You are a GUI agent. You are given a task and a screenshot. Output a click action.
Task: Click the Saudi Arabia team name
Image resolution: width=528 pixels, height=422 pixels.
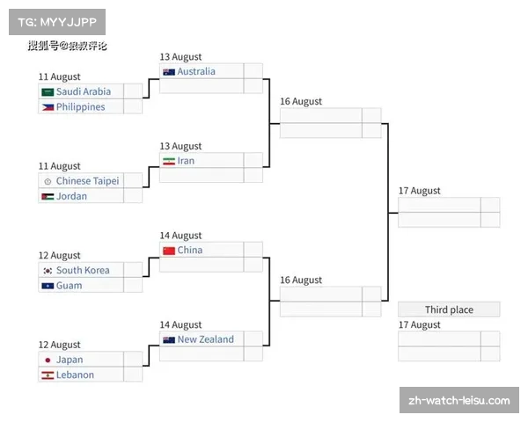84,91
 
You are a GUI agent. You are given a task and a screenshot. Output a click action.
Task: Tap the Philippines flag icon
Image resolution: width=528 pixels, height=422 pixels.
48,107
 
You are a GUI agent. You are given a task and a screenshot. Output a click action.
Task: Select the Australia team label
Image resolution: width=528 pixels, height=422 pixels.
196,71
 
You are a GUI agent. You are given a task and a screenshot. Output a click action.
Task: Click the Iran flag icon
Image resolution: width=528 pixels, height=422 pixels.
169,161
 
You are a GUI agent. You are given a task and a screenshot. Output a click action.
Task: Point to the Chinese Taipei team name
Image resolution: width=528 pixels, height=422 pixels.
87,181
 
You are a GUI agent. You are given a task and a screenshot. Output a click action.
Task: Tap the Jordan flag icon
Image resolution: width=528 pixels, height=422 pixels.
48,197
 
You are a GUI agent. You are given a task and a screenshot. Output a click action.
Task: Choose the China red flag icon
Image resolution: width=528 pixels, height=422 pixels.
169,251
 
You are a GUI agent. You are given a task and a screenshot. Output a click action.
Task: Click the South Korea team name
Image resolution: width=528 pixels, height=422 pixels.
83,270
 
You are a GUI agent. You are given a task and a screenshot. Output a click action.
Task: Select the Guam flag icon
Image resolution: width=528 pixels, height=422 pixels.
48,286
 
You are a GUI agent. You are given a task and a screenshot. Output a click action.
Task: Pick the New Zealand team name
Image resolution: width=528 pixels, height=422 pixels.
206,339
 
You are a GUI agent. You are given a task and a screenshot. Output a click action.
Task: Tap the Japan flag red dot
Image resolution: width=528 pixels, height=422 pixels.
48,360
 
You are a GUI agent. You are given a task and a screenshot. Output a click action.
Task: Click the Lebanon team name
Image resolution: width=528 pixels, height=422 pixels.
75,375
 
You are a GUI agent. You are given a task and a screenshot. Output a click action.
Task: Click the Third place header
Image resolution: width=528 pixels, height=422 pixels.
449,309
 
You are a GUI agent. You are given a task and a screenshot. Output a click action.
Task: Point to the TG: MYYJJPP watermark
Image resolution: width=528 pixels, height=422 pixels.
57,22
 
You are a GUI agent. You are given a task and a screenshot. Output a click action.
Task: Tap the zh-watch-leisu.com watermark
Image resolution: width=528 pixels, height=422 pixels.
459,400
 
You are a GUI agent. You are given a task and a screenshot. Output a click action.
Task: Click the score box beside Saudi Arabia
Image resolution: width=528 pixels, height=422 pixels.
133,91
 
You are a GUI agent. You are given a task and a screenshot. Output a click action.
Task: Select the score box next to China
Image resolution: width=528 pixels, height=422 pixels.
253,250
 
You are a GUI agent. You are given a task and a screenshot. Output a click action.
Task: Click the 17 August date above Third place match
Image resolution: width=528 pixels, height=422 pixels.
419,324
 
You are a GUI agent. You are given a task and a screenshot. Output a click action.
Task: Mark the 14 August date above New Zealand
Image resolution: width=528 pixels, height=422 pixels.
180,324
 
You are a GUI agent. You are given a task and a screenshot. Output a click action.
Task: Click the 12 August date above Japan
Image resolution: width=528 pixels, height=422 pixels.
60,345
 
